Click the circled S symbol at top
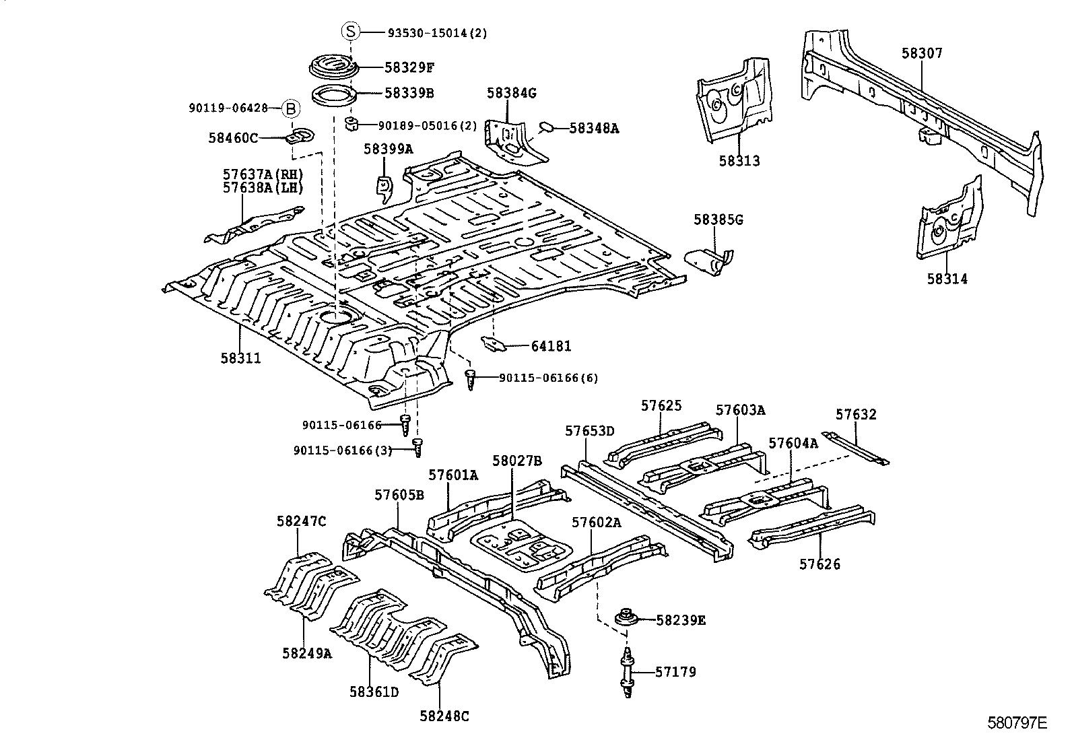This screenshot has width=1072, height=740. [351, 31]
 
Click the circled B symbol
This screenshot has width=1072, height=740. [290, 108]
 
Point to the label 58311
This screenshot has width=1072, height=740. [240, 359]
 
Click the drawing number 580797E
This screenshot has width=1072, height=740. [1017, 723]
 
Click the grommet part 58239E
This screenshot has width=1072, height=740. [628, 619]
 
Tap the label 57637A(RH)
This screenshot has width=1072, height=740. [263, 174]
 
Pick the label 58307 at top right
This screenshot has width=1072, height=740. [922, 53]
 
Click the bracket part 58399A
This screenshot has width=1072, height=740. [384, 188]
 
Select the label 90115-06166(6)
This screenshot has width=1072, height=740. [548, 378]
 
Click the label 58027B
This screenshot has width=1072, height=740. [516, 461]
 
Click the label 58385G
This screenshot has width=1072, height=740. [718, 220]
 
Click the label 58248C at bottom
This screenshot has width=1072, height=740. [444, 716]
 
